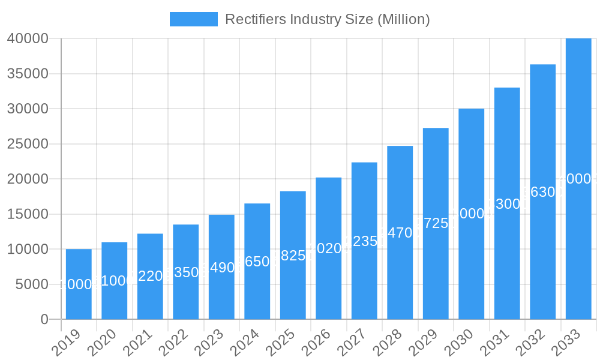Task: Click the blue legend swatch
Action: tap(193, 19)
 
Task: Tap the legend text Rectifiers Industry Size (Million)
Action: tap(327, 19)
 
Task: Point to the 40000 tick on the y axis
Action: tap(27, 39)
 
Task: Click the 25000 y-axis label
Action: tap(27, 144)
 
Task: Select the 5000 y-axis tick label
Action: tap(31, 284)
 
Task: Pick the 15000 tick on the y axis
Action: tap(27, 214)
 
